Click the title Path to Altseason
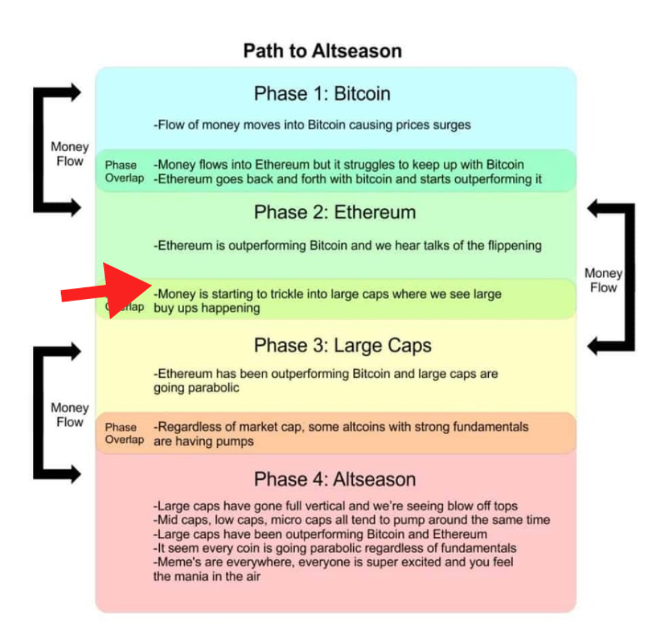(x=323, y=51)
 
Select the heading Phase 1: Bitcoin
(x=322, y=93)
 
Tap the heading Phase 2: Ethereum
(x=335, y=212)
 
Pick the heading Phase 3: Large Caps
(x=343, y=346)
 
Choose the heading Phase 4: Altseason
(x=335, y=479)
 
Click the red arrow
(x=107, y=290)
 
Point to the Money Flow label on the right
(x=604, y=280)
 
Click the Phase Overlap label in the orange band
(x=125, y=433)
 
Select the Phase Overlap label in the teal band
(x=125, y=172)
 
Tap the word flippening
(x=514, y=246)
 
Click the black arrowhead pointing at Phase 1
(x=76, y=93)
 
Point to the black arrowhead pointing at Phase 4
(x=76, y=475)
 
